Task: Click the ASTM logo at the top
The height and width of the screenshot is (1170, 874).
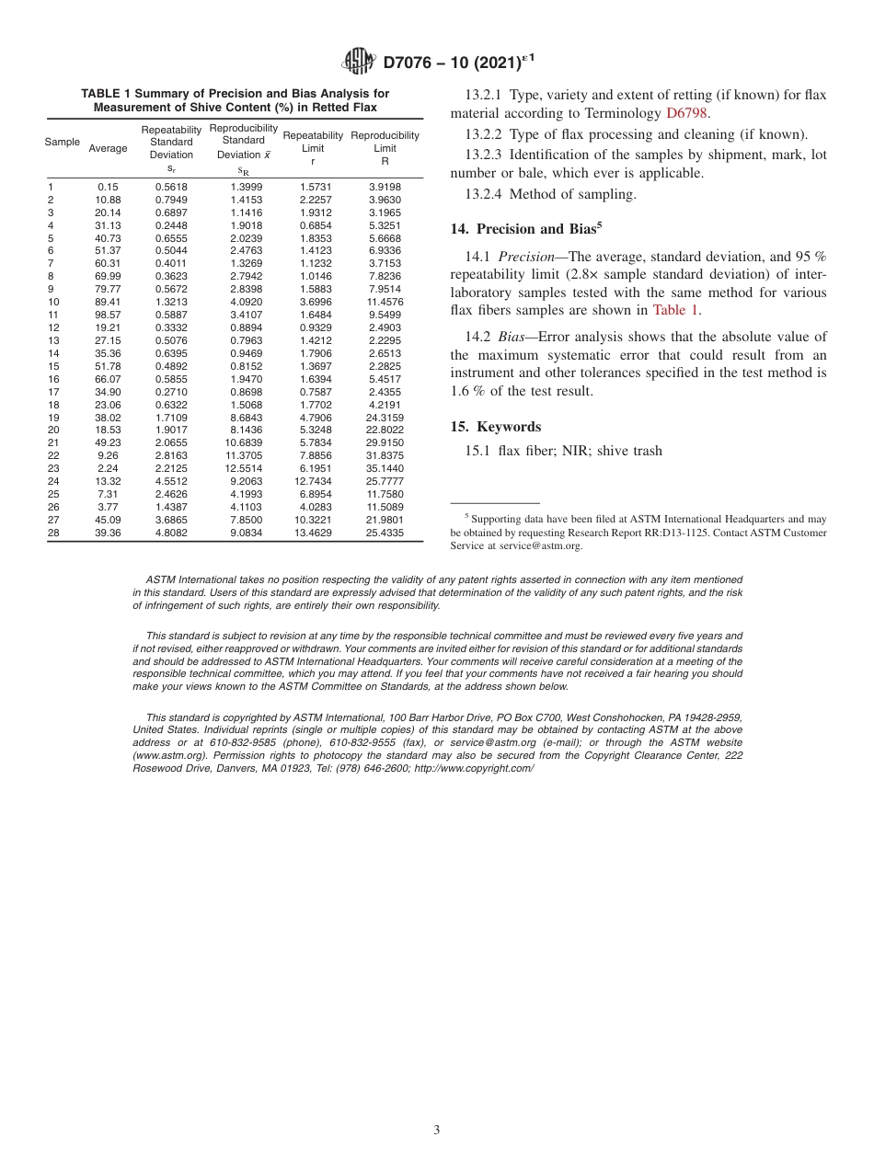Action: [358, 62]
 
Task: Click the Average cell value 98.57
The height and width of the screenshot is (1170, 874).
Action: [108, 315]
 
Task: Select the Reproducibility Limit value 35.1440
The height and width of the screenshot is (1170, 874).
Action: [385, 468]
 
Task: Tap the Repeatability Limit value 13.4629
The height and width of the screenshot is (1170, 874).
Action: [313, 532]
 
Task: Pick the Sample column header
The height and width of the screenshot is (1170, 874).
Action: [62, 142]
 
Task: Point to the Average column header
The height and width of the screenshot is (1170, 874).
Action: [108, 148]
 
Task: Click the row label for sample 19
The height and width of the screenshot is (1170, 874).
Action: [52, 417]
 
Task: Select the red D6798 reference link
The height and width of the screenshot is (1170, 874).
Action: [687, 113]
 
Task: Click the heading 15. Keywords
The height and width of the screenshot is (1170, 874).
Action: [508, 427]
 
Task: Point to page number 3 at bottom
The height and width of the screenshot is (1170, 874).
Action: [437, 1130]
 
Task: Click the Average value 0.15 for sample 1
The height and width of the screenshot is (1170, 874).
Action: [108, 187]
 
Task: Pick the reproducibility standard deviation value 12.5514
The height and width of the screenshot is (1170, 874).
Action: [243, 468]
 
